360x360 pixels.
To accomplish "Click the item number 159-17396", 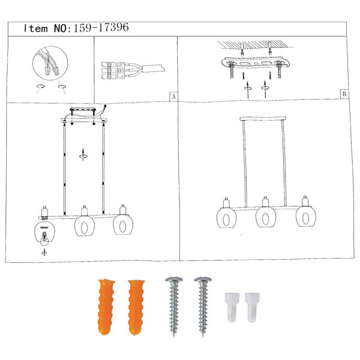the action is [101, 28].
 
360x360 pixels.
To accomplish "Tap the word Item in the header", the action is [36, 28].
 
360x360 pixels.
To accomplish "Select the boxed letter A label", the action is [173, 97].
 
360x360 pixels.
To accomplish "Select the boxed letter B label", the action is [344, 94].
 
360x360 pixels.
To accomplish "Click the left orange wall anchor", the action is [106, 307].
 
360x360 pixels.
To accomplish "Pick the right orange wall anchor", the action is [136, 307].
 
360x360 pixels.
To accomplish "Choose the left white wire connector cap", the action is [232, 307].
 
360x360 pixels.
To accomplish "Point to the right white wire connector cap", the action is [252, 307].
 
